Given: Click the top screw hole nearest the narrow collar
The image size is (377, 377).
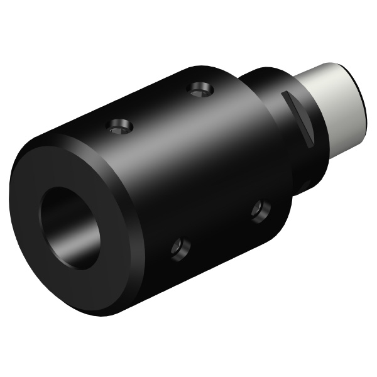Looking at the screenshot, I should [200, 90].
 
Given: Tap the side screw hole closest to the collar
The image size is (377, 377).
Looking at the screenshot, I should [258, 210].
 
